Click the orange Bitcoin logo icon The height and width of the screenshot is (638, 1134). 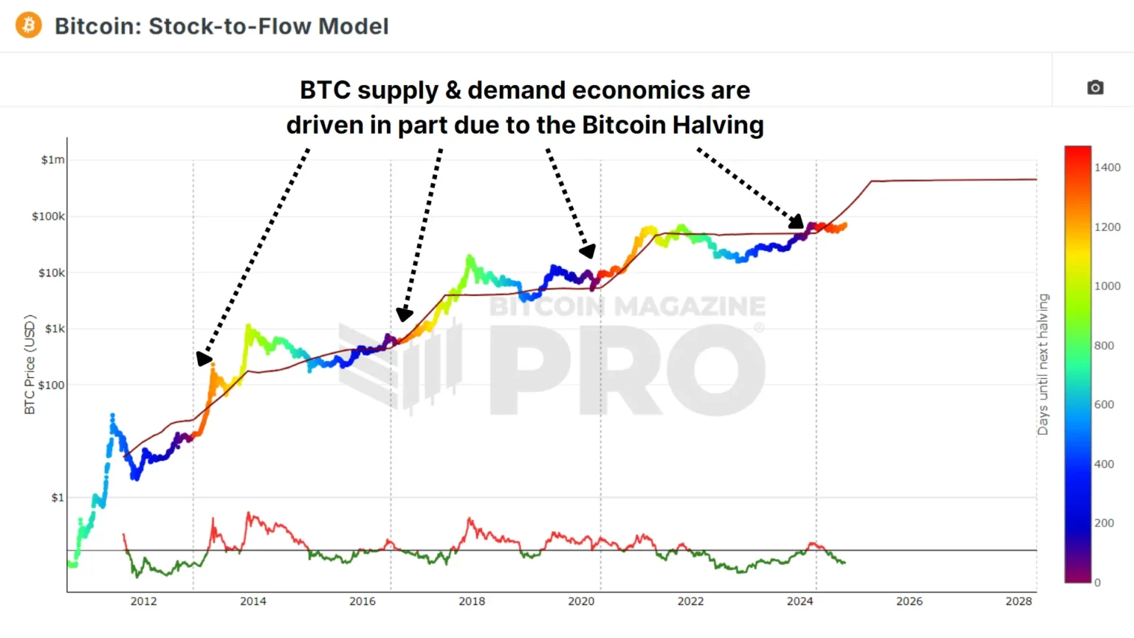click(x=29, y=25)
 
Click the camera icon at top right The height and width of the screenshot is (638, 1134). click(x=1095, y=88)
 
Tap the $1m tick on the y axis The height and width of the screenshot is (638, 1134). click(x=53, y=160)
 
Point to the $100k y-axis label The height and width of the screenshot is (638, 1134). click(x=48, y=216)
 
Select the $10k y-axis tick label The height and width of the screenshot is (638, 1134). click(x=51, y=272)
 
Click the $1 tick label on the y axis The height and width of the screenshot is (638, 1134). click(x=58, y=498)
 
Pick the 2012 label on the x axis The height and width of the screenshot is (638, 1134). click(x=143, y=601)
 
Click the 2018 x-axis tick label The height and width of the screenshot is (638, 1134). click(x=472, y=601)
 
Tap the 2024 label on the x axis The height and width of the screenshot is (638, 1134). click(x=800, y=601)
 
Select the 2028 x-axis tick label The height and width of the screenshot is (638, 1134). click(x=1018, y=601)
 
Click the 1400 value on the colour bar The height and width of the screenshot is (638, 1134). click(x=1107, y=168)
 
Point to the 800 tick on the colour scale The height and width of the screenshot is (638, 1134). click(x=1104, y=346)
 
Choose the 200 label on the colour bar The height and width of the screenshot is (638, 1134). click(x=1104, y=523)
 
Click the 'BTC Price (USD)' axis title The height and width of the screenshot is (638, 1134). click(x=30, y=364)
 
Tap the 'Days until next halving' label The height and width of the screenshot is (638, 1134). click(x=1043, y=364)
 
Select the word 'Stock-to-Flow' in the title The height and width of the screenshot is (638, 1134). click(x=230, y=26)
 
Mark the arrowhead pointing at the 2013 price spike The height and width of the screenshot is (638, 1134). click(x=203, y=359)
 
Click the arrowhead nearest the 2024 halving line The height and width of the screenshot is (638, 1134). click(x=797, y=221)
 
